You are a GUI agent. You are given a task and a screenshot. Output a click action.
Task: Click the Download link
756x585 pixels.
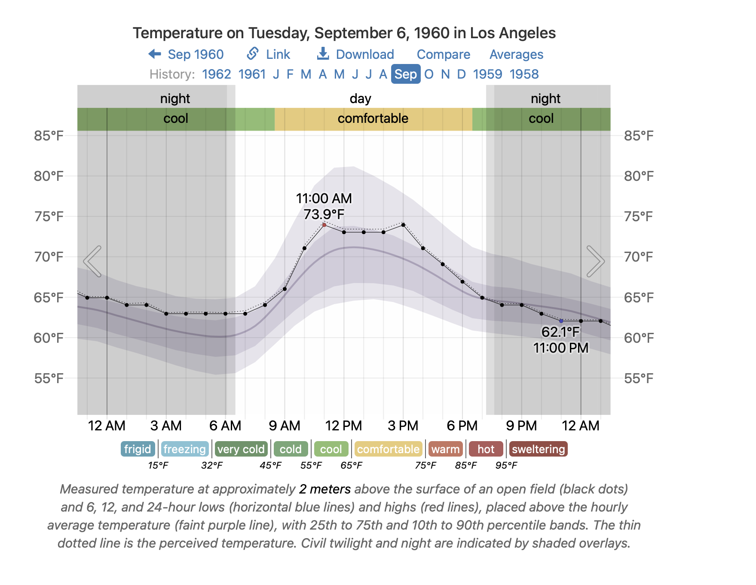coord(355,55)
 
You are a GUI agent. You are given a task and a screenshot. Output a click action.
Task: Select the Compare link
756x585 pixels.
coord(443,55)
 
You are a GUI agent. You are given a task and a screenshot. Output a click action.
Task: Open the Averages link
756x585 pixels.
coord(516,55)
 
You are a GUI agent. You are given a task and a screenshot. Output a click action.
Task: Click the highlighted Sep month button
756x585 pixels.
coord(405,74)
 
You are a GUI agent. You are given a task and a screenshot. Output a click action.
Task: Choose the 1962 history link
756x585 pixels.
coord(216,74)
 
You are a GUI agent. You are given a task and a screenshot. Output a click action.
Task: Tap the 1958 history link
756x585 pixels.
coord(524,74)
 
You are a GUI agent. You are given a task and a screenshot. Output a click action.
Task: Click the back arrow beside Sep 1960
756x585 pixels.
coord(155,54)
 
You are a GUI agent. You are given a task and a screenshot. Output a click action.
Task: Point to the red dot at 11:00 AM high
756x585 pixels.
coord(324,225)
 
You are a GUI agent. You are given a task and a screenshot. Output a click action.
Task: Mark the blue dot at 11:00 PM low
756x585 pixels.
coord(561,321)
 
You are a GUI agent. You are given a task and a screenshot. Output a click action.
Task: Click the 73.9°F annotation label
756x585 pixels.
coord(324,214)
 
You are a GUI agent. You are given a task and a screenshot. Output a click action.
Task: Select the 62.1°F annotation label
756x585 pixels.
coord(560,332)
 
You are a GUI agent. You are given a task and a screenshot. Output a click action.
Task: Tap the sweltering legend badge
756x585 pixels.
coord(538,449)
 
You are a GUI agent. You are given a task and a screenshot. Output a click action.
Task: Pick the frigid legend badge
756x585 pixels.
coord(138,449)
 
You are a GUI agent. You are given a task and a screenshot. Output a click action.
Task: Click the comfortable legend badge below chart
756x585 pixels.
coord(388,449)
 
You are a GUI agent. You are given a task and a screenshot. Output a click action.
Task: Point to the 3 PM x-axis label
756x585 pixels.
coord(403,426)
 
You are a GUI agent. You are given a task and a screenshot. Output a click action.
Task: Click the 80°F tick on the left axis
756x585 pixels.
coord(49,176)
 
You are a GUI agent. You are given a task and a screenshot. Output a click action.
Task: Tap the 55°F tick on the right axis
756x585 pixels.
coord(638,378)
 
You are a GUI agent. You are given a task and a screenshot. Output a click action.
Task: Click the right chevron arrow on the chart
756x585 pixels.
coord(596,261)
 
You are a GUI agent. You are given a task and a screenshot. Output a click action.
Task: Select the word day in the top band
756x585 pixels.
coord(360,99)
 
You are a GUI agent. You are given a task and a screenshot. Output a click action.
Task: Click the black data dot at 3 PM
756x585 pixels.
coord(403,225)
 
